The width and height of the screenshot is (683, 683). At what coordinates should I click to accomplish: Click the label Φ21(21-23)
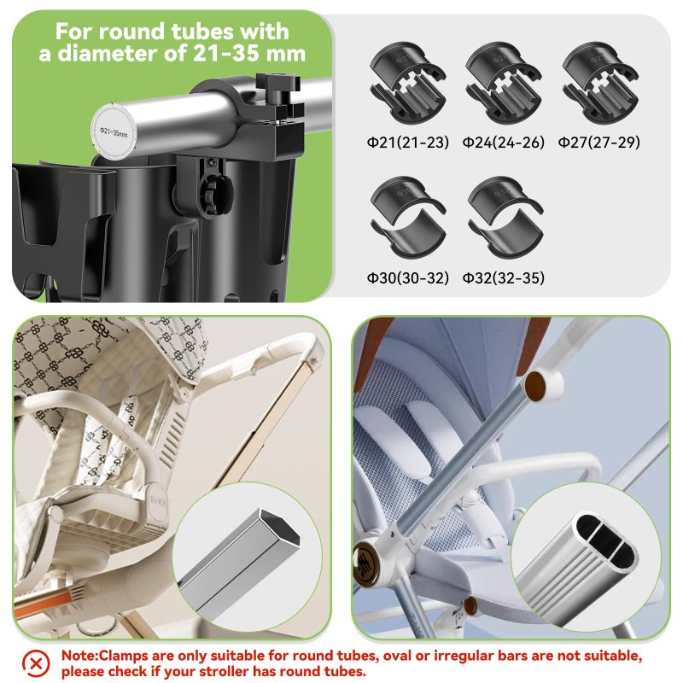coord(407,142)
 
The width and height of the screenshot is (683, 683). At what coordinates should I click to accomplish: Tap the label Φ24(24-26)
coord(504,142)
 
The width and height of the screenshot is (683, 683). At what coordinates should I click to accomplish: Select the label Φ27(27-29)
coord(599,142)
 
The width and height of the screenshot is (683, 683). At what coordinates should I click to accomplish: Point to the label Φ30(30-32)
coord(407,277)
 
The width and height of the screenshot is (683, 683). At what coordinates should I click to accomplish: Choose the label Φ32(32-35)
coord(504,277)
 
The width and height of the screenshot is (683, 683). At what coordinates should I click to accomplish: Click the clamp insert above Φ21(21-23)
coord(408,86)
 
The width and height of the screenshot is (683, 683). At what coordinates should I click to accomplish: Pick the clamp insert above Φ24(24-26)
coord(504,86)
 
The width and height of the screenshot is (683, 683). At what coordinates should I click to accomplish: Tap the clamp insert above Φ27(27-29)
coord(600,86)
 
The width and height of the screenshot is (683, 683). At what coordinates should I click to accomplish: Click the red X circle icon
coord(35,662)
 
